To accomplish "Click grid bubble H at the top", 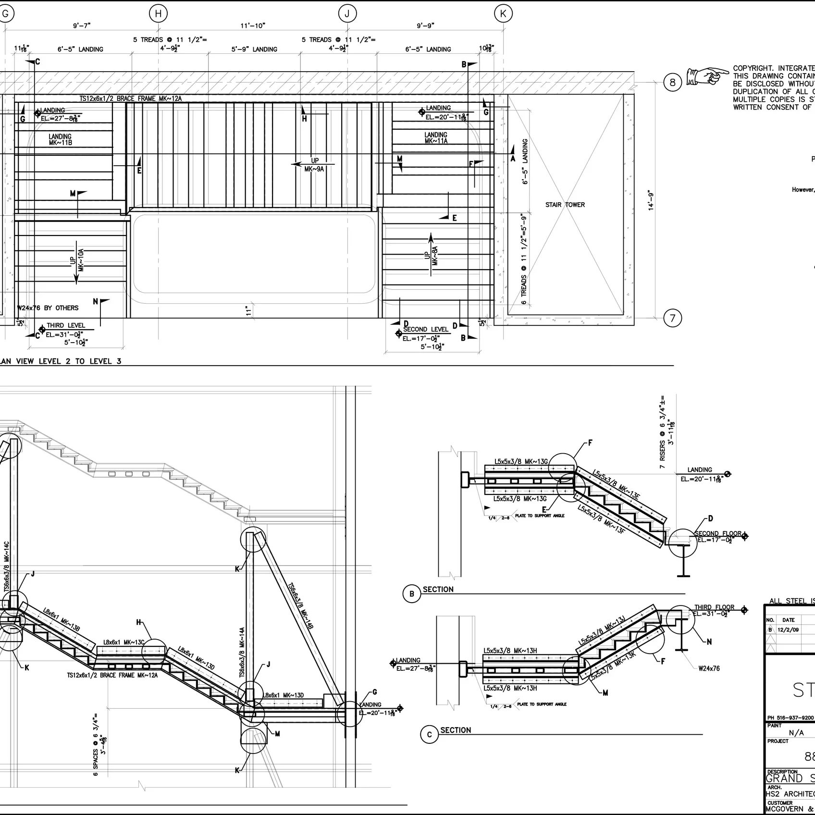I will [x=158, y=14].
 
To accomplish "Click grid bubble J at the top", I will [x=347, y=14].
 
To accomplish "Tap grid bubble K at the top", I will [x=503, y=14].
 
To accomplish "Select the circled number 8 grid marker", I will [x=672, y=83].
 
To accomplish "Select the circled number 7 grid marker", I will [x=672, y=318].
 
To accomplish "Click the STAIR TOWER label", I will [x=565, y=205].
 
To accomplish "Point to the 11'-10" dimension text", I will [x=253, y=26].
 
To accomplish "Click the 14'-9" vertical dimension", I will [x=651, y=200].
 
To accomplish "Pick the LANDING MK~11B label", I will [x=60, y=140].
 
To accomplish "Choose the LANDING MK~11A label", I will [x=436, y=138].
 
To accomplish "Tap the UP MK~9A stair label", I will [x=314, y=165].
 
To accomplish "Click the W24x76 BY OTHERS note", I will [x=48, y=308].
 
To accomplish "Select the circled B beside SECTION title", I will [x=411, y=594].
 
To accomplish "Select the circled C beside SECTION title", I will [x=429, y=735].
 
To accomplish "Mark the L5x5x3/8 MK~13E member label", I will [x=616, y=485].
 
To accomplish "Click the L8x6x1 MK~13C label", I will [x=124, y=642].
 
